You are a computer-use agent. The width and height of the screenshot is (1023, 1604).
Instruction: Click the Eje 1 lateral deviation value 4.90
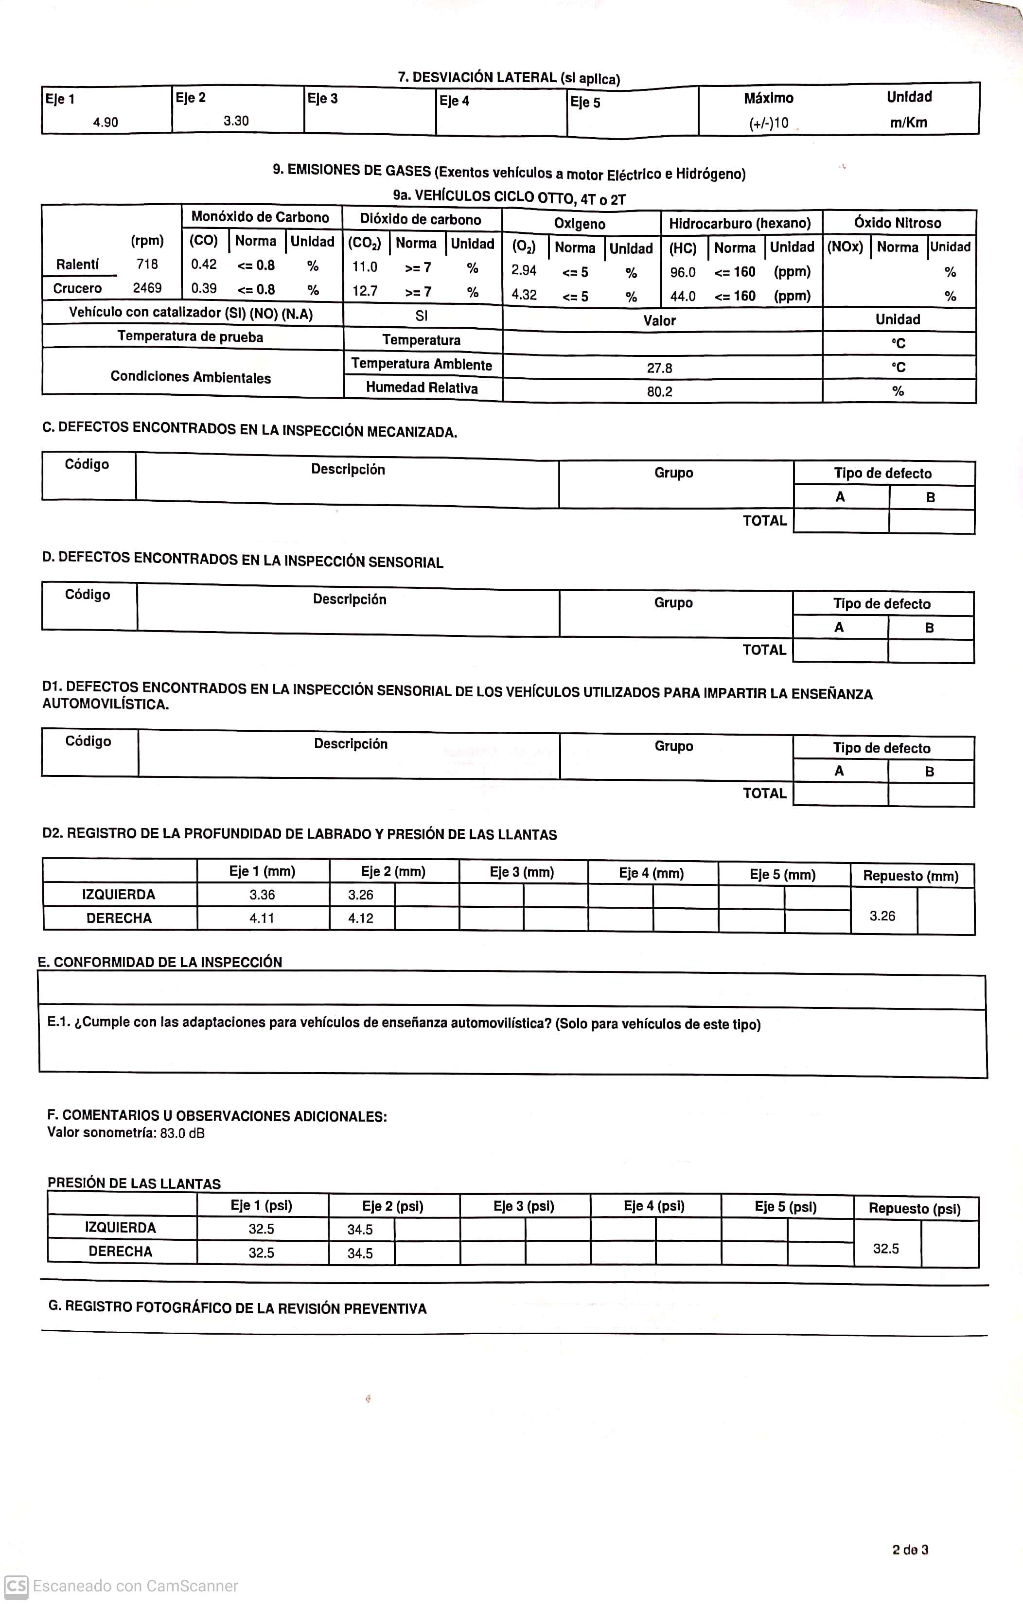105,123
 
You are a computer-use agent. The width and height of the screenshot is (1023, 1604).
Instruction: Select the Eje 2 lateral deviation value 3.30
236,121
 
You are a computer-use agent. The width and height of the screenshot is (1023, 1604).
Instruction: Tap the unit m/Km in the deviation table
908,123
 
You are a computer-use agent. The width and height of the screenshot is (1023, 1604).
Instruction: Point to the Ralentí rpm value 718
147,264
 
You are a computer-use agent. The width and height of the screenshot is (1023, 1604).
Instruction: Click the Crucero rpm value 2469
147,288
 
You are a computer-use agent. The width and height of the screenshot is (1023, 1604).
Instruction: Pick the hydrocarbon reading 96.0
683,272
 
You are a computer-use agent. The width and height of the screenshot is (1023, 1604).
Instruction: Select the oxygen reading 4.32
524,295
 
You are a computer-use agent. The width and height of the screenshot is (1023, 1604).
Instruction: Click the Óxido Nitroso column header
897,223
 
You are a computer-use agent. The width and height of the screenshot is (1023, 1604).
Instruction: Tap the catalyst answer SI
422,316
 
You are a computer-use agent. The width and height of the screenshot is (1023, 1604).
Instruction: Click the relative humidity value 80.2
659,392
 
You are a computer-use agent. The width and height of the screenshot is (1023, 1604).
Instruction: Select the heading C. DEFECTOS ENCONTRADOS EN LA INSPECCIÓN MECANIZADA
250,430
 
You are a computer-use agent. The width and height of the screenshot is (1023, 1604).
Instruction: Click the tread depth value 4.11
262,918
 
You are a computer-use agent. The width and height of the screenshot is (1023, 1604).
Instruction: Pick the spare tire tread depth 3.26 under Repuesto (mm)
882,917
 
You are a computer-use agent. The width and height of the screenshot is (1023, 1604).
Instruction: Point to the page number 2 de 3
910,1550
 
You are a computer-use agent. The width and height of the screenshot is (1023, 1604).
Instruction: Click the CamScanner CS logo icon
16,1586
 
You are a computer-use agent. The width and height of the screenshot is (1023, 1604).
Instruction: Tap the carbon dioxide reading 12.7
365,291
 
